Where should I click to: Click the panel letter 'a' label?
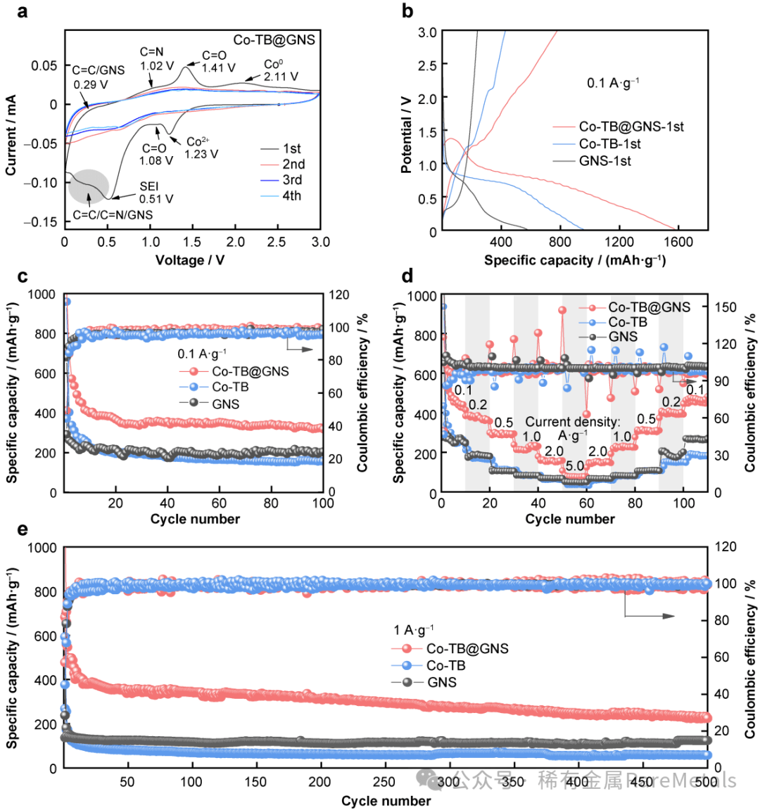click(23, 11)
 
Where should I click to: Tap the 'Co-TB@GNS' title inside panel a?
click(274, 40)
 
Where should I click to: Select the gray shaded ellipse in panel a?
click(89, 185)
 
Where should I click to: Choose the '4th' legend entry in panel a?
click(291, 195)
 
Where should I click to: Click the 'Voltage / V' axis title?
click(190, 260)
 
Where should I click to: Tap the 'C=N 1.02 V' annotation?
click(156, 59)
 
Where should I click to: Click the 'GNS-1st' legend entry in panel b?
click(604, 161)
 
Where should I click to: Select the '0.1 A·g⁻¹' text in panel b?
click(613, 83)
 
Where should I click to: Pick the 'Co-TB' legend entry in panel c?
click(230, 387)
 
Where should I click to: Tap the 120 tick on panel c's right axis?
click(340, 295)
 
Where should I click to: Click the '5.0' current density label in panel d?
click(574, 466)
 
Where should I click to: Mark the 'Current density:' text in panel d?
click(572, 422)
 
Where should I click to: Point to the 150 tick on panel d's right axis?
click(725, 307)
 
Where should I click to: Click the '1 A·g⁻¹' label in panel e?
click(413, 630)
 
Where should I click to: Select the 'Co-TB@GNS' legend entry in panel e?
click(467, 648)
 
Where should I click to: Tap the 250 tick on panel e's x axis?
click(384, 782)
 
